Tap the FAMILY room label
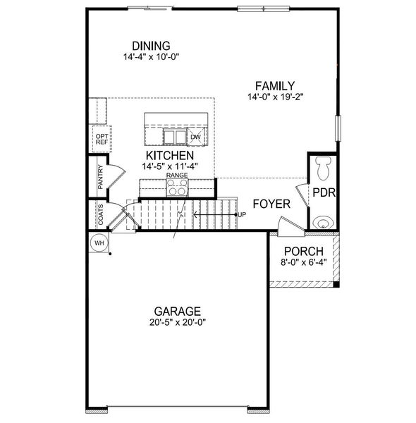(275, 85)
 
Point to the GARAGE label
(178, 311)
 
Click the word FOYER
(271, 204)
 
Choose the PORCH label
(303, 252)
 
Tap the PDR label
(322, 192)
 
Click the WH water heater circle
(99, 243)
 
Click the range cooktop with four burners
(177, 187)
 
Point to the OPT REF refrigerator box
(101, 139)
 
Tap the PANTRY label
(101, 178)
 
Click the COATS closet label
(101, 214)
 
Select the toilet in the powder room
(324, 167)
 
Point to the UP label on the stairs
(241, 214)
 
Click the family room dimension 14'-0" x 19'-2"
(275, 97)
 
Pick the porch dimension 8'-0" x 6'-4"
(303, 263)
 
